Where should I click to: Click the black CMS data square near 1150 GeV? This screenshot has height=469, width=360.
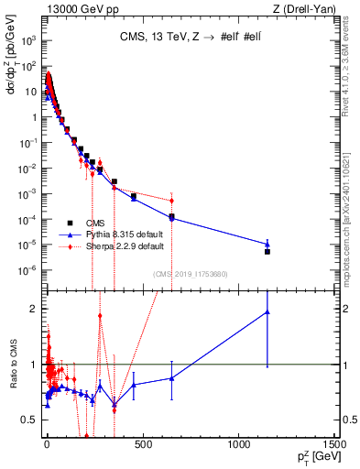coord(267,251)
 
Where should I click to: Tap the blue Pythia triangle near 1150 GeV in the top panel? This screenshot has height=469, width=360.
coord(267,244)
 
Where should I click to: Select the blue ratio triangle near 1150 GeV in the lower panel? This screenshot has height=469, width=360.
coord(267,311)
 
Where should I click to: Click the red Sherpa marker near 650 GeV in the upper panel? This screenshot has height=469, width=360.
coord(171,201)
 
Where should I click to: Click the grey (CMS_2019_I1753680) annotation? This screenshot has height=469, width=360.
coord(191,274)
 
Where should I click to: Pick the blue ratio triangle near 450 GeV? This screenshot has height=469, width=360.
coord(134,385)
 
